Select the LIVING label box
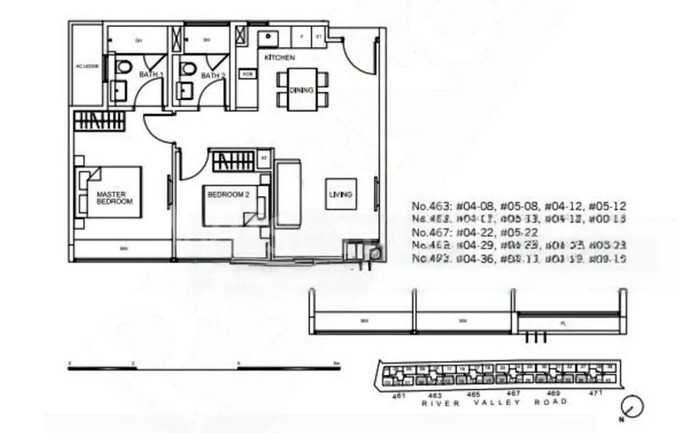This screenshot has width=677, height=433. click(341, 195)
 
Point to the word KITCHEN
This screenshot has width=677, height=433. click(279, 58)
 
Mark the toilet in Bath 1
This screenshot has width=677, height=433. click(124, 67)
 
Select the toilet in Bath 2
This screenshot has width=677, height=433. click(189, 68)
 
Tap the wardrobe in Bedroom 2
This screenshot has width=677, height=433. click(232, 160)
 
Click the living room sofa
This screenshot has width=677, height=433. click(289, 195)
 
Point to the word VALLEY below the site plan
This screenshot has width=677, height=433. click(493, 402)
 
